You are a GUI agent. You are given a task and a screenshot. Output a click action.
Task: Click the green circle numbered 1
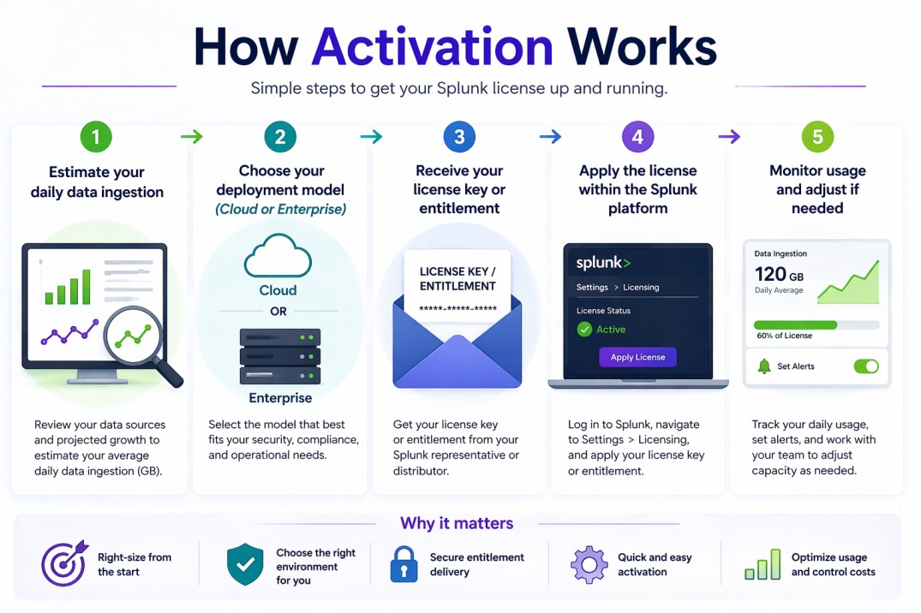(97, 137)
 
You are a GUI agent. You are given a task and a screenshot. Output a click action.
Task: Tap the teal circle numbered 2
(280, 137)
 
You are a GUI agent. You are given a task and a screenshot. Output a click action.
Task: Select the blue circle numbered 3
(459, 137)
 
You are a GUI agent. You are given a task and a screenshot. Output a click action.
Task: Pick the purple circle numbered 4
(637, 137)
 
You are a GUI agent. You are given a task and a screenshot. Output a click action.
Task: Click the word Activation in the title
(433, 46)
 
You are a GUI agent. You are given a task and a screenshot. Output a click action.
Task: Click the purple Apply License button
(637, 357)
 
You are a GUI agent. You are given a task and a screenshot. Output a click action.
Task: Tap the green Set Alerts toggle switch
(866, 366)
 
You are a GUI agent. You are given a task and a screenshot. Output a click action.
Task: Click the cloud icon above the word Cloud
(278, 257)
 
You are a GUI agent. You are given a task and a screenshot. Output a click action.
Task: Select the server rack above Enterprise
(280, 356)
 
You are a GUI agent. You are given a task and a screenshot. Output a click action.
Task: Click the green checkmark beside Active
(584, 330)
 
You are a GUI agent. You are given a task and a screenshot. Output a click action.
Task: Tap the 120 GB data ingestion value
(779, 275)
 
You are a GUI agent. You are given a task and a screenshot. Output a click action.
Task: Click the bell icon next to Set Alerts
(764, 366)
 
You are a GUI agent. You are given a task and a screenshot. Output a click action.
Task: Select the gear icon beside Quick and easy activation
(589, 565)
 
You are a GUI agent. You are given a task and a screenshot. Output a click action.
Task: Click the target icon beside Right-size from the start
(63, 564)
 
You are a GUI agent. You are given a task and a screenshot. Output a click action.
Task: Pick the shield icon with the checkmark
(245, 565)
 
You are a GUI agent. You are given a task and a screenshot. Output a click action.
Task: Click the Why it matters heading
(457, 523)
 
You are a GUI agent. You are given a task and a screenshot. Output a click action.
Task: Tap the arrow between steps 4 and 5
(728, 137)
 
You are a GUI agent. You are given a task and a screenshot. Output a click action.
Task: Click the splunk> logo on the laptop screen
(603, 263)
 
